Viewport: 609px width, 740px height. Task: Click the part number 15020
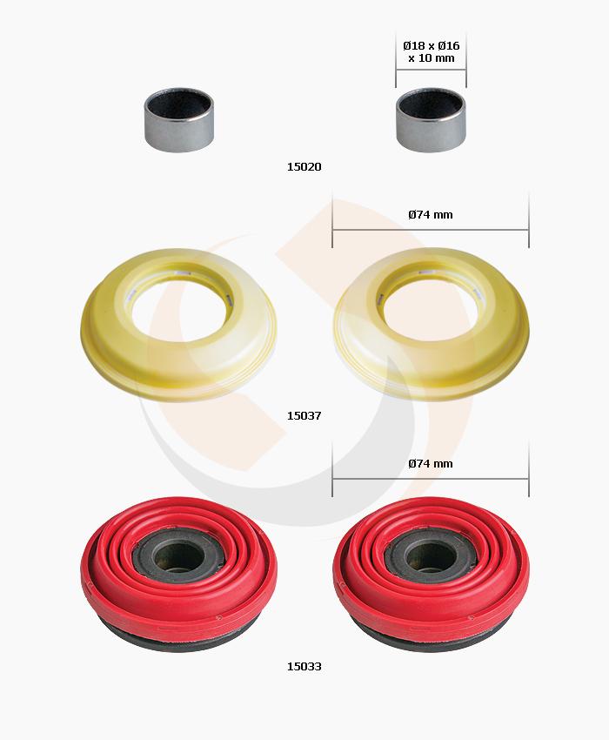304,166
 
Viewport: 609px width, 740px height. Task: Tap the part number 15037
304,416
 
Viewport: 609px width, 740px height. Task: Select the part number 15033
304,666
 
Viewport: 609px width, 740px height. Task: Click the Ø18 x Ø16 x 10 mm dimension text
432,52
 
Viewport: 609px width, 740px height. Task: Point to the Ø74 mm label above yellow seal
431,215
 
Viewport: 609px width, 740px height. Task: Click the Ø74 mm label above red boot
431,464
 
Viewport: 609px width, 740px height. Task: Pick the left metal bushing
178,120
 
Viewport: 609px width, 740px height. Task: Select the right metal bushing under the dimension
431,120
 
